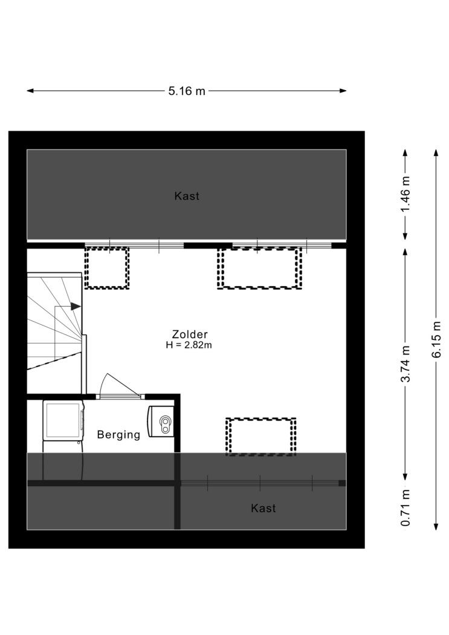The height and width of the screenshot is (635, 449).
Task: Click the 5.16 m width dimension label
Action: click(187, 91)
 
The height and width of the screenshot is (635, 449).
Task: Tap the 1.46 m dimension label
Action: click(405, 194)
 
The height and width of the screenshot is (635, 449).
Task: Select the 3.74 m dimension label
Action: click(405, 363)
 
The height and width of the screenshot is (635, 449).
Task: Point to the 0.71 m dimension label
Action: click(405, 508)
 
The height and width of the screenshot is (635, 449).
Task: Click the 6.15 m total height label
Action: click(436, 339)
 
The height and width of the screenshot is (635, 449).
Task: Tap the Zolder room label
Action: click(190, 334)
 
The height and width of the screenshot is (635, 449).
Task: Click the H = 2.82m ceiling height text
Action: click(189, 345)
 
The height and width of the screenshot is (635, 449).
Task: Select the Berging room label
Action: click(118, 435)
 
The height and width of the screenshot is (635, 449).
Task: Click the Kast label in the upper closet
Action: click(187, 196)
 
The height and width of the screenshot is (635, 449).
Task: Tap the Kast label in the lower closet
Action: click(263, 508)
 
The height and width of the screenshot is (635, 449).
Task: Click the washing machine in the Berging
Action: click(63, 421)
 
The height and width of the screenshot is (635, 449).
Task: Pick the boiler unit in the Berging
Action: click(161, 422)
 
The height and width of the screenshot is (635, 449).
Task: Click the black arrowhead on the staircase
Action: click(76, 307)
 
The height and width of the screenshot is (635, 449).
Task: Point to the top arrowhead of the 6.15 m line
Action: click(436, 152)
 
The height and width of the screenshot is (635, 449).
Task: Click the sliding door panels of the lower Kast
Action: click(260, 483)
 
